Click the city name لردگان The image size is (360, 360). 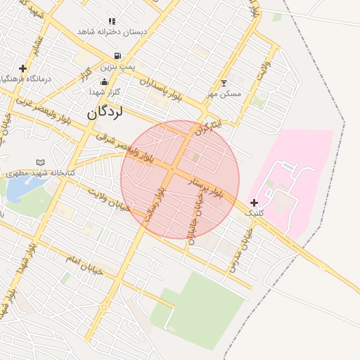coord(107,112)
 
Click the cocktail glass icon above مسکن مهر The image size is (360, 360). coord(224,83)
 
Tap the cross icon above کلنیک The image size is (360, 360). coord(254,202)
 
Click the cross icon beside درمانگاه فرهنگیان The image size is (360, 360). coord(23,68)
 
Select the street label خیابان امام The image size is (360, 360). coord(84,265)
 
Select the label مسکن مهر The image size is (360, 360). coord(224,94)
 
